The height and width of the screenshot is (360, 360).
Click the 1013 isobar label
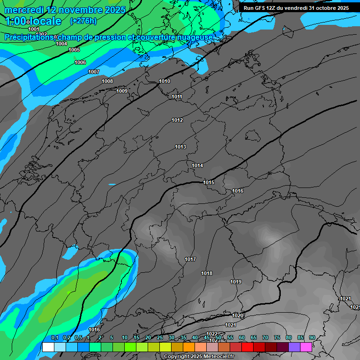(x=180, y=147)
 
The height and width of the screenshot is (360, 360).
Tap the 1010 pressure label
(x=165, y=82)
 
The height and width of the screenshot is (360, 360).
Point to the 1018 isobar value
(x=207, y=274)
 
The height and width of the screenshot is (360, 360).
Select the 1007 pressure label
(x=94, y=72)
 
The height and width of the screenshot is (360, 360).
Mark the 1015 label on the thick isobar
(x=209, y=183)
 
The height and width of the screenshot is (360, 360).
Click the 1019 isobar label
(x=236, y=282)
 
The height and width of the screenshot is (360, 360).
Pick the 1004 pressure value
(x=61, y=44)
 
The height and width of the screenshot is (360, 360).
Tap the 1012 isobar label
(x=177, y=120)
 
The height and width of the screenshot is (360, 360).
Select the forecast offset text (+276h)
(x=83, y=21)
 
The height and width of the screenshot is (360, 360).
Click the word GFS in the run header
(x=261, y=8)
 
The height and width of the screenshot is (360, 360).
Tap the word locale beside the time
(x=45, y=21)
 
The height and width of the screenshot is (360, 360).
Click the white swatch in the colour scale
(x=48, y=347)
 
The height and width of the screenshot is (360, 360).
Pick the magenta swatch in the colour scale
(x=306, y=347)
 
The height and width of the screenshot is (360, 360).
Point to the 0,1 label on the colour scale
(x=54, y=338)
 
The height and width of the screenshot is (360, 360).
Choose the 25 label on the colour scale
(x=159, y=338)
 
